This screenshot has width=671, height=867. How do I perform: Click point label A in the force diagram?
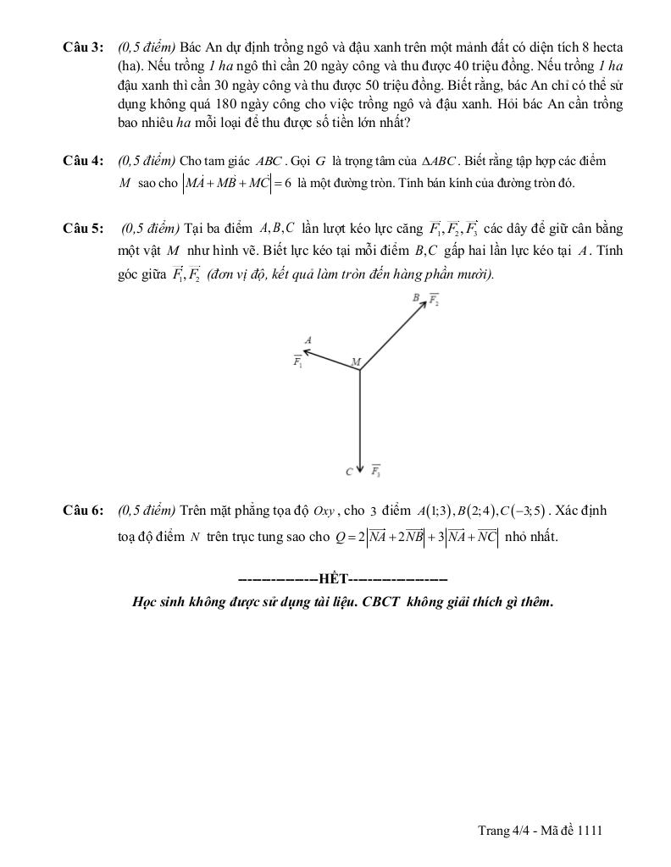pyautogui.click(x=308, y=340)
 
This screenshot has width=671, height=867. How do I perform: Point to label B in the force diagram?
pyautogui.click(x=416, y=298)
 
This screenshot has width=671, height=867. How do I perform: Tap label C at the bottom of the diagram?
pyautogui.click(x=349, y=472)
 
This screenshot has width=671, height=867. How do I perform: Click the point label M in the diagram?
pyautogui.click(x=356, y=362)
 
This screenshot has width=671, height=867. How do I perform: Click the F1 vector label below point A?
pyautogui.click(x=298, y=362)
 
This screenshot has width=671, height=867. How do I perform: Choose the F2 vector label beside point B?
pyautogui.click(x=432, y=299)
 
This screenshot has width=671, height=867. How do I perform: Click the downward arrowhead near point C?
pyautogui.click(x=361, y=467)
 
